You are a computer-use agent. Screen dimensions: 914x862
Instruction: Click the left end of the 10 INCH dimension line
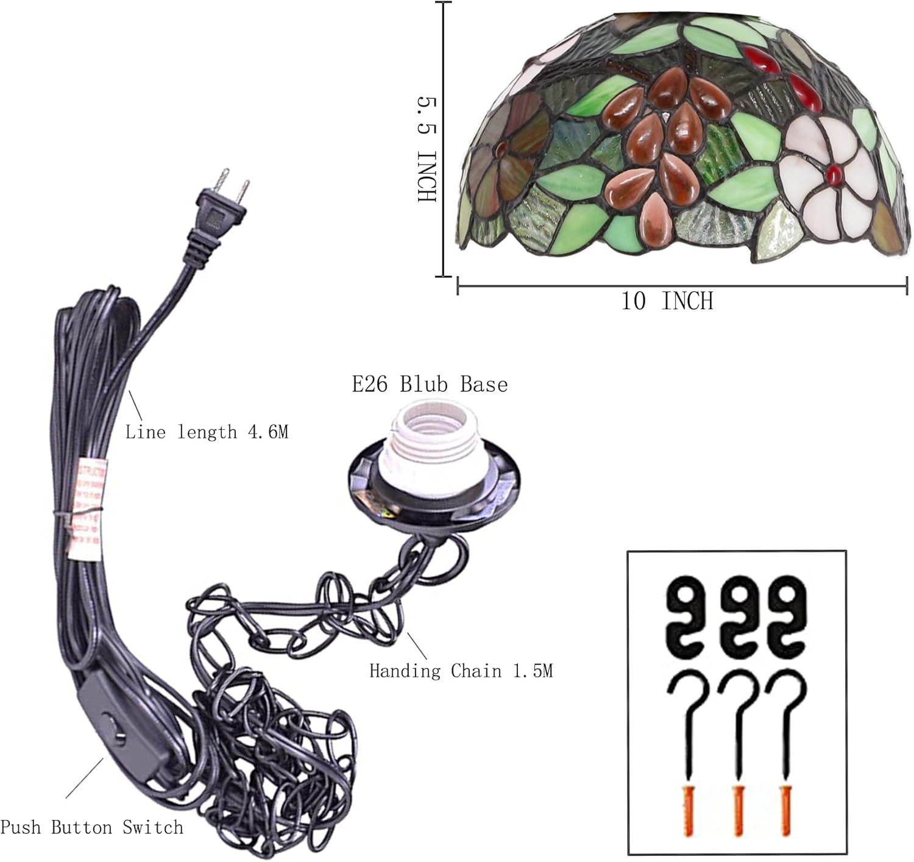point(458,286)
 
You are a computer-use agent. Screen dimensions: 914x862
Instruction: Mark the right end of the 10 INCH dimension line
point(907,286)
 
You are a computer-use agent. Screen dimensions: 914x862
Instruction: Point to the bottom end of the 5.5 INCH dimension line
point(444,277)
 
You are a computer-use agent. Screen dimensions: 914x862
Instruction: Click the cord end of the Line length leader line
point(129,391)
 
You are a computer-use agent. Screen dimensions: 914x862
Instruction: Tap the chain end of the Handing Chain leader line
point(407,633)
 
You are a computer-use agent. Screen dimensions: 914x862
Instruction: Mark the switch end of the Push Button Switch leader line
point(103,758)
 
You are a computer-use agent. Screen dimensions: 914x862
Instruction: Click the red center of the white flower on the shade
point(834,174)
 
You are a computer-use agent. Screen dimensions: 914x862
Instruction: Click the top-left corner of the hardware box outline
point(628,550)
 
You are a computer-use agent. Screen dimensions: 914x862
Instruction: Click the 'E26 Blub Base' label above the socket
point(430,385)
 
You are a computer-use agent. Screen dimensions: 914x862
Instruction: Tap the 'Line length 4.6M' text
point(207,432)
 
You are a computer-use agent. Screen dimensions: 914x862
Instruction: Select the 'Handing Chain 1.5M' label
point(461,671)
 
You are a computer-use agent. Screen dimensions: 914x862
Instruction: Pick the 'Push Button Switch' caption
point(92,827)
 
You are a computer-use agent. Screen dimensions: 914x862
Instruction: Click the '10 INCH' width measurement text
point(667,301)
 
